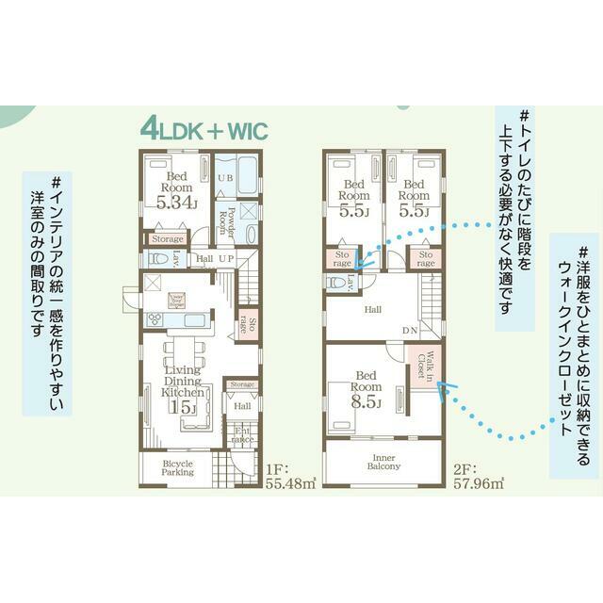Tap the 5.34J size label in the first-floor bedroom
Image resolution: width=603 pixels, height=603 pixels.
pyautogui.click(x=176, y=201)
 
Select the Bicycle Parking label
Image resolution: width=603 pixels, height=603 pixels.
pyautogui.click(x=177, y=468)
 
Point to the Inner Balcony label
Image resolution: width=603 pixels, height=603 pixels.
pyautogui.click(x=383, y=462)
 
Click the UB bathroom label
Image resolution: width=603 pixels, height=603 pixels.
pyautogui.click(x=226, y=179)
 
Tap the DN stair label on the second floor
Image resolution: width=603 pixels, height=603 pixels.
pyautogui.click(x=410, y=330)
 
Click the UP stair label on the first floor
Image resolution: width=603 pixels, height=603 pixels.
pyautogui.click(x=226, y=258)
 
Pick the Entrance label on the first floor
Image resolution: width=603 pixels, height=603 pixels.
pyautogui.click(x=242, y=434)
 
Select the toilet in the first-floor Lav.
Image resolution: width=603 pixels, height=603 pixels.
pyautogui.click(x=158, y=257)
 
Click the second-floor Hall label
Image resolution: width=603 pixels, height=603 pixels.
pyautogui.click(x=373, y=308)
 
